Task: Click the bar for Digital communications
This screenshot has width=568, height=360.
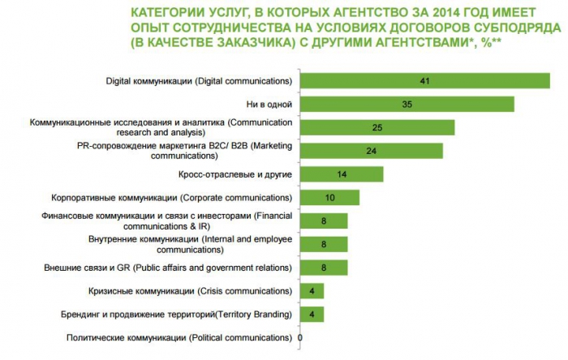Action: point(424,81)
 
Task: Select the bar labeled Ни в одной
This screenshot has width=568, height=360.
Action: point(407,105)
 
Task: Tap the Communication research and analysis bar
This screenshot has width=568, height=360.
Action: point(377,128)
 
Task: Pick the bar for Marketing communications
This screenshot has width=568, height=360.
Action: point(372,151)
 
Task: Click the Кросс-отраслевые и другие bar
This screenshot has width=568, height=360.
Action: point(341,174)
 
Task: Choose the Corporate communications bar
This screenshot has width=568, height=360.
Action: point(329,198)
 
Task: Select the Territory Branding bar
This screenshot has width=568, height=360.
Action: point(311,314)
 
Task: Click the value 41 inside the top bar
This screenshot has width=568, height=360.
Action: point(424,81)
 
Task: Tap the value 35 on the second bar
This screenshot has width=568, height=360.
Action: point(407,105)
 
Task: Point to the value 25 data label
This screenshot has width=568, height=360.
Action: point(377,128)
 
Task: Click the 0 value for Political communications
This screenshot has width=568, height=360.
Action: point(300,337)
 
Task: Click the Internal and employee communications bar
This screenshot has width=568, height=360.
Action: point(323,244)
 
